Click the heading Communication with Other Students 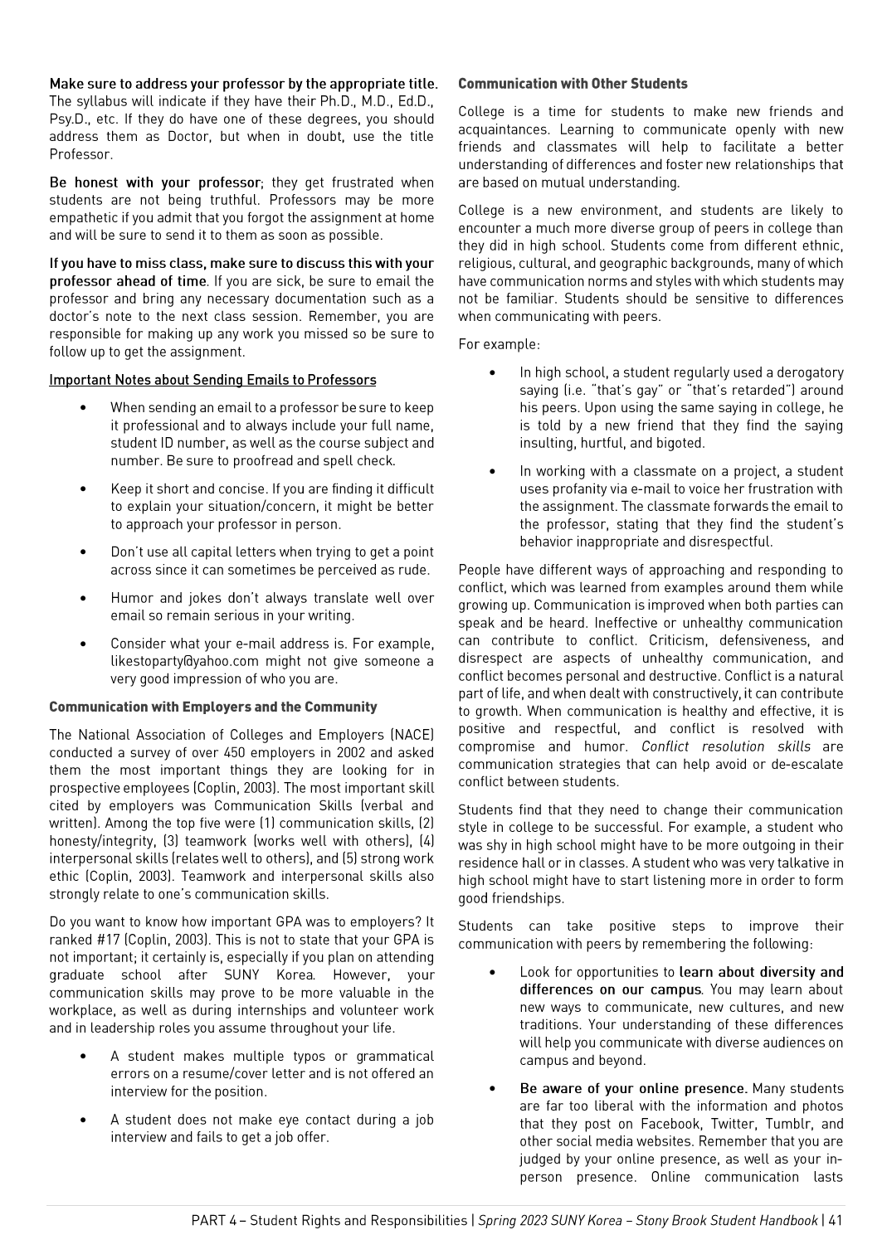click(x=573, y=84)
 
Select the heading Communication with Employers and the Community click(x=212, y=707)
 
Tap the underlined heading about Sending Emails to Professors click(x=212, y=380)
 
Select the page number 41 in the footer click(x=835, y=1221)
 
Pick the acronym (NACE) click(x=412, y=735)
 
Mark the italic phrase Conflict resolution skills click(x=726, y=746)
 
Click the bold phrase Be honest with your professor click(x=155, y=182)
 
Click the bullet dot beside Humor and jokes click(x=83, y=598)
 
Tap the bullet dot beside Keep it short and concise click(x=83, y=489)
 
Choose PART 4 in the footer click(x=213, y=1221)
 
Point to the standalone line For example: click(x=499, y=344)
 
